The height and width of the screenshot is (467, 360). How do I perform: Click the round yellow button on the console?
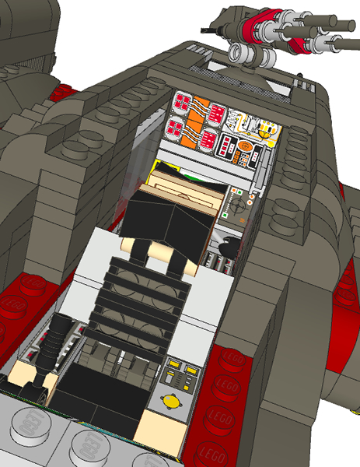coord(170,402)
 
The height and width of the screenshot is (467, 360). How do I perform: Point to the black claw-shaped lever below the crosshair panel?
coord(226,250)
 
